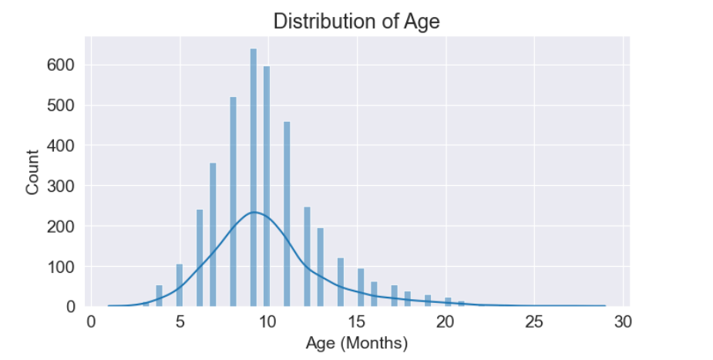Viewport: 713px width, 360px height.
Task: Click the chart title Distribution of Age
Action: [356, 21]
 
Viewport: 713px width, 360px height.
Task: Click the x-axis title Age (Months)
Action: [356, 341]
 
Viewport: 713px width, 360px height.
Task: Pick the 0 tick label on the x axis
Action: [91, 321]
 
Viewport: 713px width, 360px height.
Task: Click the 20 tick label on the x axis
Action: [446, 321]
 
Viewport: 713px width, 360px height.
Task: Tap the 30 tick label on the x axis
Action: [624, 321]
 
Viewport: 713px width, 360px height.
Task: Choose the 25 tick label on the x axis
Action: [535, 321]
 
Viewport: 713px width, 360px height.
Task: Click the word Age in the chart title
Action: [423, 21]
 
